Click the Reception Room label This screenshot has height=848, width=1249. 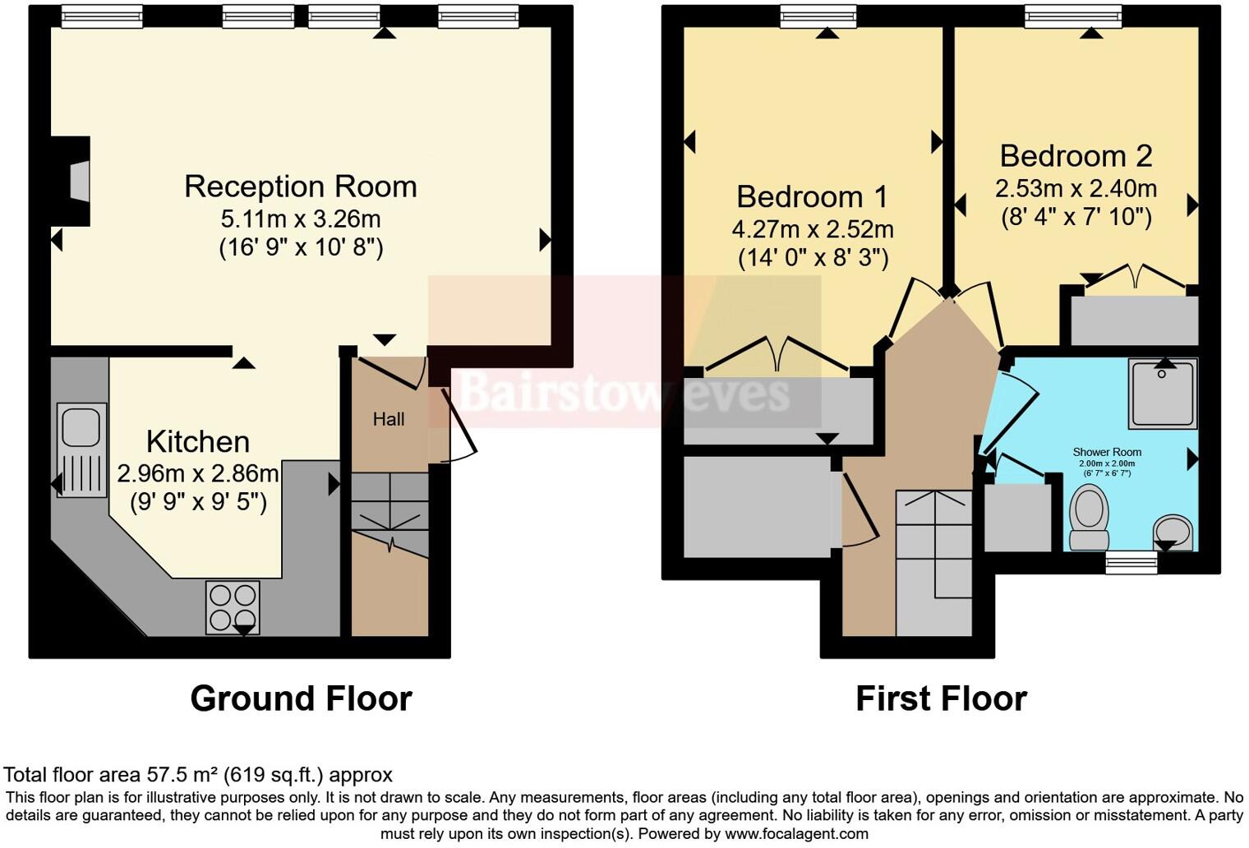click(300, 187)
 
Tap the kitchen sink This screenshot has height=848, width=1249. click(81, 449)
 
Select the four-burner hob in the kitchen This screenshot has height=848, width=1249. click(233, 607)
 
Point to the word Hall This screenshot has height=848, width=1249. click(389, 419)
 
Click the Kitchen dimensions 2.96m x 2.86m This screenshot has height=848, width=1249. click(198, 474)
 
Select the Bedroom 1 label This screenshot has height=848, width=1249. click(812, 197)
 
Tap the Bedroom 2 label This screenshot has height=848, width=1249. click(1076, 156)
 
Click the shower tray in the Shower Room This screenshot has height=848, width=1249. click(1162, 393)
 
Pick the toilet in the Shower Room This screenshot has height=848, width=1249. click(1090, 516)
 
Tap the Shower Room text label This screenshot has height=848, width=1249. click(1107, 452)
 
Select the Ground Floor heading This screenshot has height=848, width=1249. click(301, 698)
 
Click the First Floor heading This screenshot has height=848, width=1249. click(941, 698)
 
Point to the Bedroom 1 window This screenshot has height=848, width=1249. click(818, 16)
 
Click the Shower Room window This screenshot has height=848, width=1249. click(1131, 562)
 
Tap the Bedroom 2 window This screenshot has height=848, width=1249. click(1073, 16)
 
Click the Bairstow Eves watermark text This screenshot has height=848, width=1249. click(624, 393)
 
